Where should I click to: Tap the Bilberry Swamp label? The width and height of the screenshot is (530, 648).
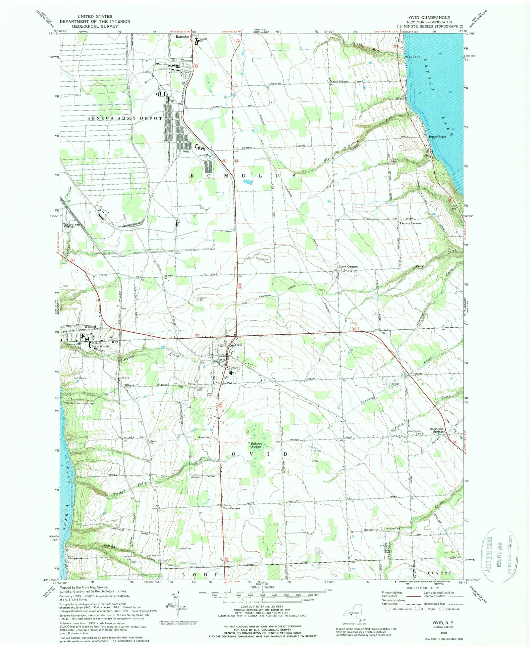[x=256, y=445]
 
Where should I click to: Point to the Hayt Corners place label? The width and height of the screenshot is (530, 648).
[x=348, y=266]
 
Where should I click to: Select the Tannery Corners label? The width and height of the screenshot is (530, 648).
[x=410, y=223]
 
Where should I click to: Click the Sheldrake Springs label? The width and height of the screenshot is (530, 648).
[x=437, y=431]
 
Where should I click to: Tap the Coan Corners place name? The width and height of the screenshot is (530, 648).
[x=231, y=508]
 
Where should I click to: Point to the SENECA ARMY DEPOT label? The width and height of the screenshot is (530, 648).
[x=125, y=118]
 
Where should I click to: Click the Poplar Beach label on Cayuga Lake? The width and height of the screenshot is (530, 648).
[x=437, y=137]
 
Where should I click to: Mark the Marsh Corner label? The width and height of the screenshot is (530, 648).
[x=339, y=81]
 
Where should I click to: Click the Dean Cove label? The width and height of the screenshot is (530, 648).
[x=412, y=57]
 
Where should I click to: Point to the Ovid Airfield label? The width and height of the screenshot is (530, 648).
[x=318, y=450]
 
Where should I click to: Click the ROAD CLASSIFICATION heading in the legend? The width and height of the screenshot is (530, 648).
[x=420, y=588]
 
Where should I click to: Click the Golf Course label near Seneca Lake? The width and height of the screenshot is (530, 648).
[x=80, y=378]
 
